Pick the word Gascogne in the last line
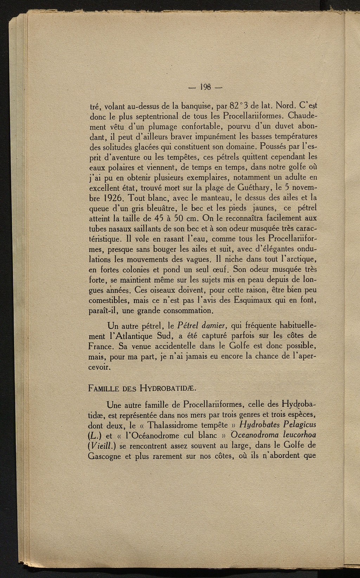click(x=104, y=456)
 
